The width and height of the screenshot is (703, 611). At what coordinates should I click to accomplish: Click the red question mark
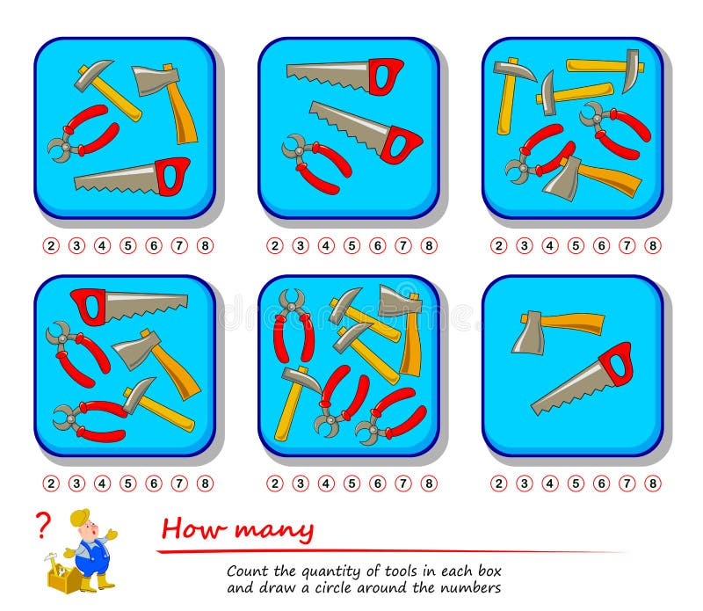(43, 525)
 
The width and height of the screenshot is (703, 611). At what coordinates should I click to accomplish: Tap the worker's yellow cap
(79, 517)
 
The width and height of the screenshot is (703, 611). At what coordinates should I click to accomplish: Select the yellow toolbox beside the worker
(62, 578)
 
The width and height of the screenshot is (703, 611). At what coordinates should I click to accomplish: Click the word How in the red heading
(193, 528)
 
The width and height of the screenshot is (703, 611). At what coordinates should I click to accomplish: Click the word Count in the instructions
(249, 571)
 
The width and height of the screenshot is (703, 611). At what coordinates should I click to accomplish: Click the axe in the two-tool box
(557, 330)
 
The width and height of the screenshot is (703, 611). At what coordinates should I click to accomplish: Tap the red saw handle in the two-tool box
(616, 364)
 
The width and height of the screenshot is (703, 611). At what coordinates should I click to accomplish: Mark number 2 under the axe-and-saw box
(498, 484)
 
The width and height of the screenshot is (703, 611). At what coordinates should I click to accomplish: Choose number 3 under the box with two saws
(301, 246)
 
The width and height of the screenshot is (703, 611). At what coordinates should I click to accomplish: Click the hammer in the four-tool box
(107, 90)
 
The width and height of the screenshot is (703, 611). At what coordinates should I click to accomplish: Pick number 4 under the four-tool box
(102, 246)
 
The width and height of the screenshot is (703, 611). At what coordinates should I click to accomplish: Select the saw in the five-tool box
(129, 306)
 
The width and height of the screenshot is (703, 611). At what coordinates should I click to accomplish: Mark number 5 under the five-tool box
(127, 484)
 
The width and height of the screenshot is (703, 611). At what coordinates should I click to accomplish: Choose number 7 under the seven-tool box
(403, 484)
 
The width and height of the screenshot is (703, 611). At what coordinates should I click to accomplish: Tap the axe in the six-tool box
(591, 178)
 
